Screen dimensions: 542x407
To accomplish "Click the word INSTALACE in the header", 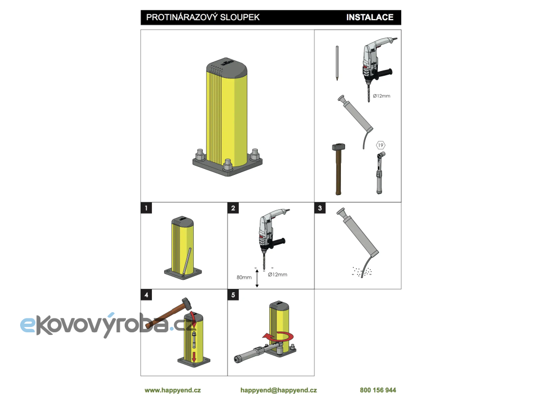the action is (370, 17).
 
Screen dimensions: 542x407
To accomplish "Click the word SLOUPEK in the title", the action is (240, 17).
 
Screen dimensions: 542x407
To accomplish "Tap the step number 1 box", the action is (146, 208).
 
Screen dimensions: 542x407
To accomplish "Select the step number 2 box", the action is (233, 208).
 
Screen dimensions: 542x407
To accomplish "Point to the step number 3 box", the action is (320, 208).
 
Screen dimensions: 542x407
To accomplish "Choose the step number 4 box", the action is (146, 295).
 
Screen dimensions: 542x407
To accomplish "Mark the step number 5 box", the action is (233, 295).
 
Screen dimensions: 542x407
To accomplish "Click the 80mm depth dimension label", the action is (244, 277).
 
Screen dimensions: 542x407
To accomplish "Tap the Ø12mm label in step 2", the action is (277, 275).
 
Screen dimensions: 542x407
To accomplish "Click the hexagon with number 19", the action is (381, 145).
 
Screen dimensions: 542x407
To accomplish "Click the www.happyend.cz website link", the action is (173, 390).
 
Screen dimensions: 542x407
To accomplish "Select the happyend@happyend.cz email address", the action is (278, 390).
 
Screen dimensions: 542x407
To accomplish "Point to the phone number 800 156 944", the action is (378, 390).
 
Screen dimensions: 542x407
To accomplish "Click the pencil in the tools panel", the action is (337, 63).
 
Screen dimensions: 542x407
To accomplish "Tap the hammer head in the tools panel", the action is (338, 147).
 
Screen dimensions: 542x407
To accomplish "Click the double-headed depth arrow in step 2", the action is (257, 279).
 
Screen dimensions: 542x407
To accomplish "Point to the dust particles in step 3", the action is (362, 272).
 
